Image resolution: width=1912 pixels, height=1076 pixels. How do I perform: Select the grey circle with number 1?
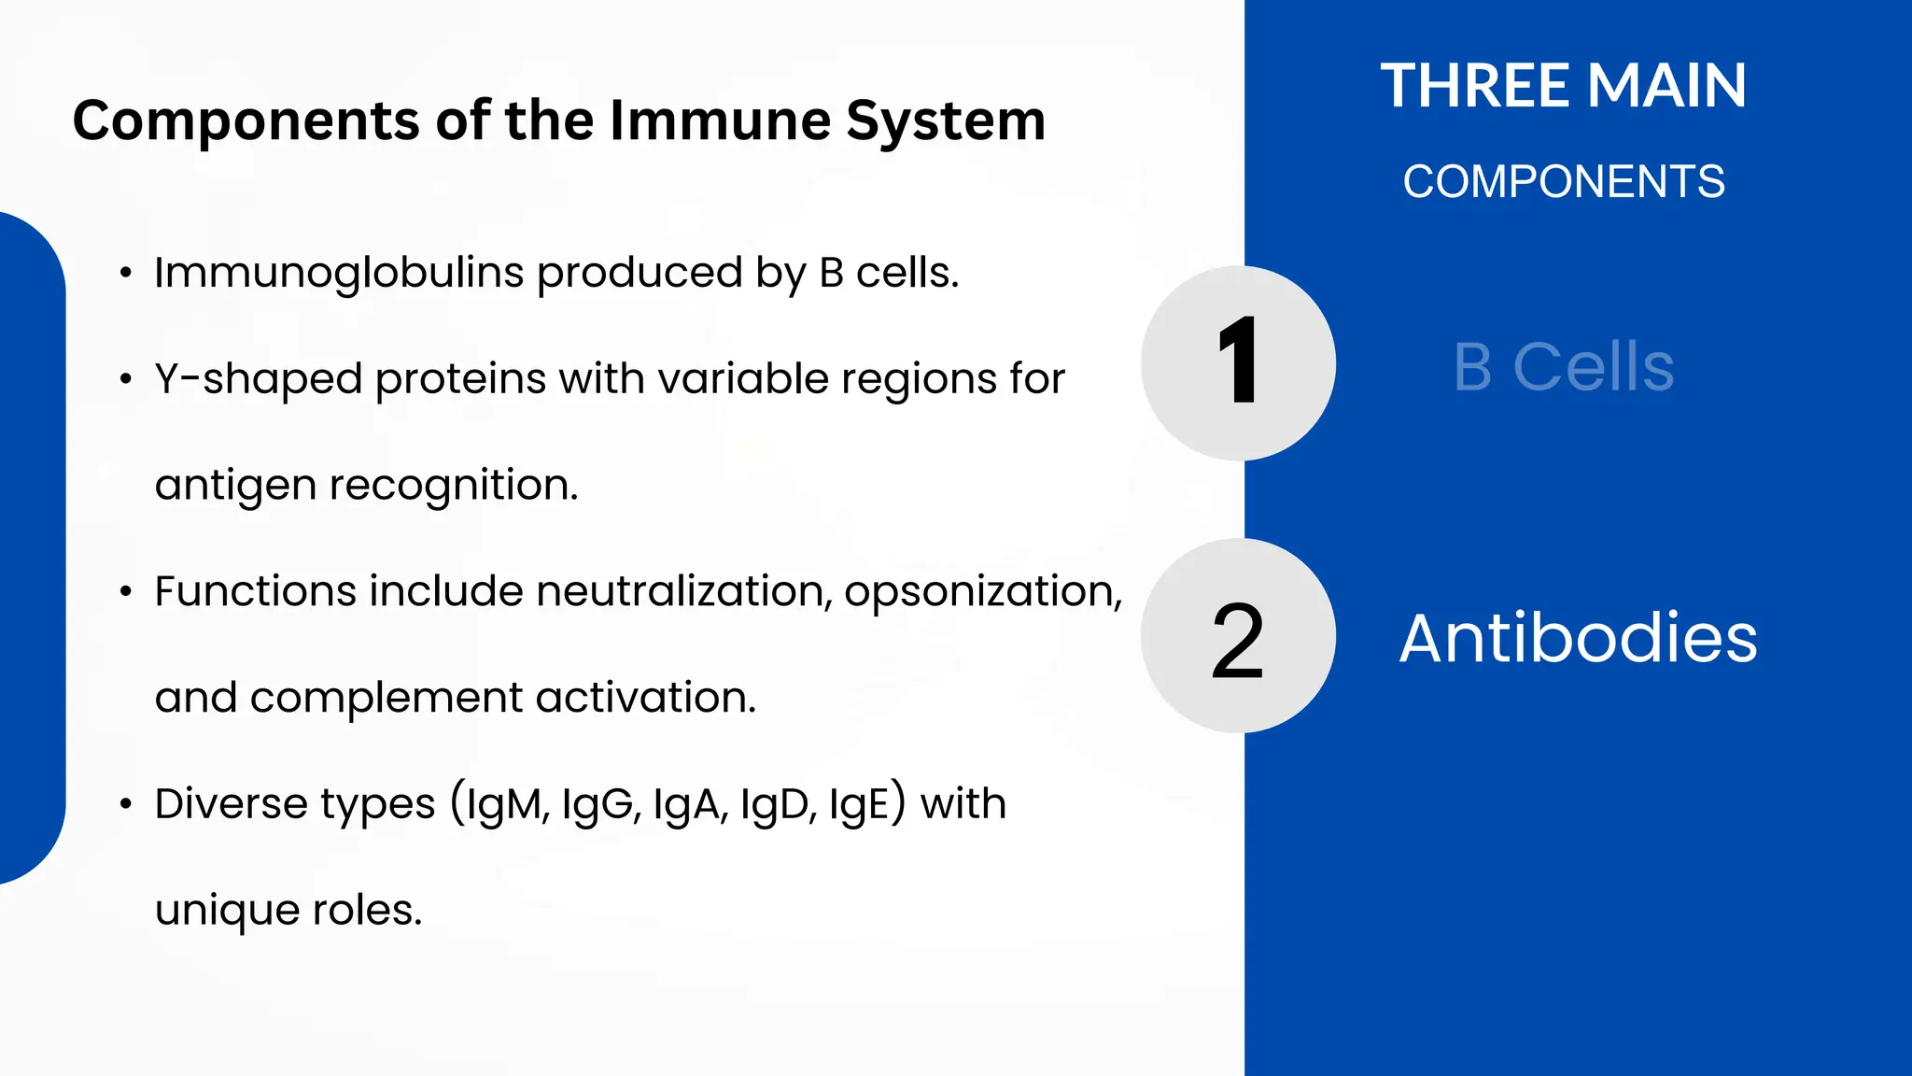click(1238, 362)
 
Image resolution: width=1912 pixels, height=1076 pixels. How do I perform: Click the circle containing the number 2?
click(1238, 636)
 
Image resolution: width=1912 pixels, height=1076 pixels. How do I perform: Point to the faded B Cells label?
click(1564, 367)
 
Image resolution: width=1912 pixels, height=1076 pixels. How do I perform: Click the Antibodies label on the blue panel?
click(1578, 639)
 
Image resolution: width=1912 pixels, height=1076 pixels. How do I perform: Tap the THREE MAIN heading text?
click(1564, 86)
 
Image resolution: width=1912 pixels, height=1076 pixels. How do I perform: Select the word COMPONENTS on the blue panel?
click(1564, 181)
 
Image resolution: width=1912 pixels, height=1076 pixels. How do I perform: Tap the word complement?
click(387, 698)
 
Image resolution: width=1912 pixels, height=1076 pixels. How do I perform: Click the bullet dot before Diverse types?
click(125, 804)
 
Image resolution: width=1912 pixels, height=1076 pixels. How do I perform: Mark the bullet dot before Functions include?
click(125, 592)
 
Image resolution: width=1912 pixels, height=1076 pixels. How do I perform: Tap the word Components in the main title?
click(246, 120)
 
